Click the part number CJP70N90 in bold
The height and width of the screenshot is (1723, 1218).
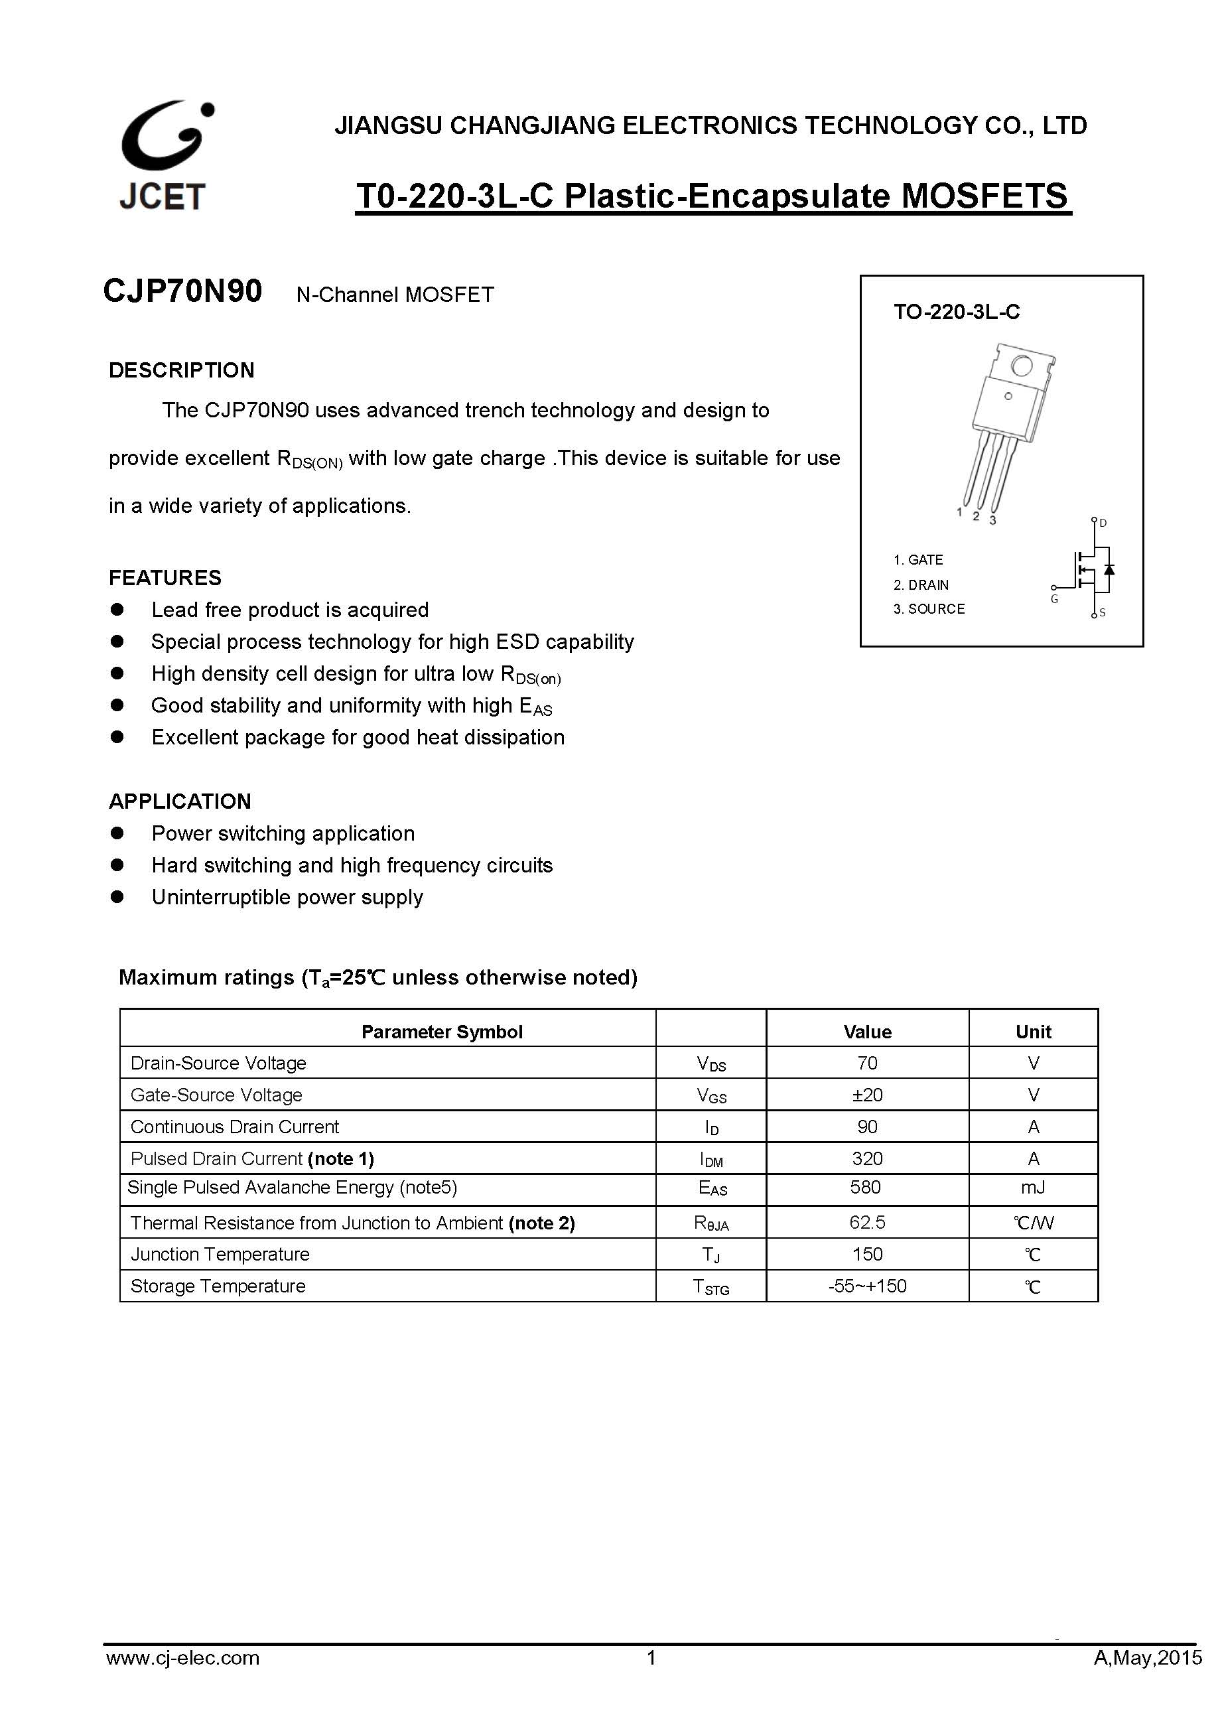click(182, 291)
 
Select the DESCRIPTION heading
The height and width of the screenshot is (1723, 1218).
click(182, 370)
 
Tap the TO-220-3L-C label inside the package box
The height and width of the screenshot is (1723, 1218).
click(956, 312)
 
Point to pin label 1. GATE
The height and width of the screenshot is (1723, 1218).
click(918, 560)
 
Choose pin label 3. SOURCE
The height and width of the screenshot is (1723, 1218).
click(929, 608)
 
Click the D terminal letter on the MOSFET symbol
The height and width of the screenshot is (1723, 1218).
click(1103, 523)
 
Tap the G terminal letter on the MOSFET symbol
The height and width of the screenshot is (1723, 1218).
click(1054, 599)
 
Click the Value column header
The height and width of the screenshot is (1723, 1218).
click(867, 1032)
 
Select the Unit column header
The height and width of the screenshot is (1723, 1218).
click(1033, 1032)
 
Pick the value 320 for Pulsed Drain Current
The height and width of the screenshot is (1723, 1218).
click(867, 1158)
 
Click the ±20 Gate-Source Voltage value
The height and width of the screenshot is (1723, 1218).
click(867, 1095)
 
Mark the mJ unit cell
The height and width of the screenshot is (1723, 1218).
click(1033, 1187)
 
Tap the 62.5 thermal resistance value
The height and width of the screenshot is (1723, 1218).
click(867, 1223)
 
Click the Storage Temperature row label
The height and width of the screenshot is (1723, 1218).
click(218, 1286)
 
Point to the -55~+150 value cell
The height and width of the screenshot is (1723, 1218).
click(867, 1286)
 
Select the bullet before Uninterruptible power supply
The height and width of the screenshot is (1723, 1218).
click(117, 897)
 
